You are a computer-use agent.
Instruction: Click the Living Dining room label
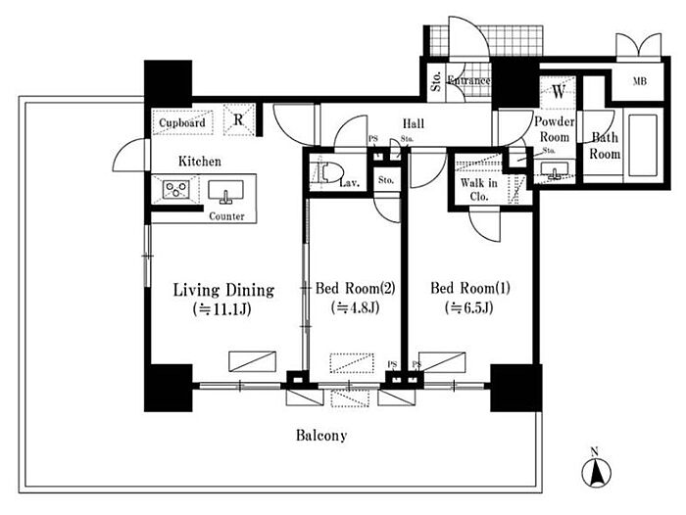(223, 290)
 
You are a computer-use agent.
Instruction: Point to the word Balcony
(321, 435)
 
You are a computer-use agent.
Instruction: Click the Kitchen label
(199, 161)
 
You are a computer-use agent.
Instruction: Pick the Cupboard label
(183, 123)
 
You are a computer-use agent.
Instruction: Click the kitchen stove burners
(176, 188)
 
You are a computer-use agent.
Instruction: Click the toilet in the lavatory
(323, 174)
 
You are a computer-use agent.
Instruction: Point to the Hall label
(412, 124)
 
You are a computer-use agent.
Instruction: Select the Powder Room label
(553, 128)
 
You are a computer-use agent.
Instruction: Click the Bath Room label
(605, 146)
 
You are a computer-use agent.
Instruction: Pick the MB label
(639, 81)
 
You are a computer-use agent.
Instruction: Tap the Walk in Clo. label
(479, 189)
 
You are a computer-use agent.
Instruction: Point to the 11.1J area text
(223, 310)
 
